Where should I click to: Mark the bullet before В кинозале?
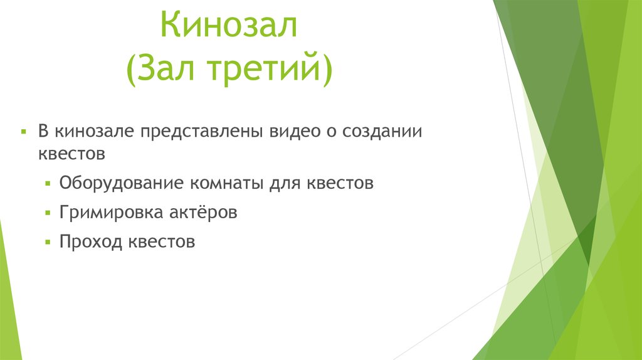pos(23,132)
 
